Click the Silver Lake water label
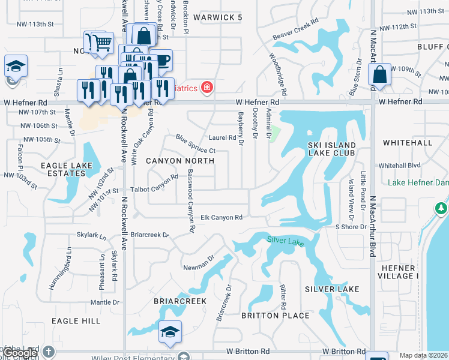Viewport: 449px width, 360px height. [x=286, y=241]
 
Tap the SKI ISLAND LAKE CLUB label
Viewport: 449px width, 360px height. [x=332, y=149]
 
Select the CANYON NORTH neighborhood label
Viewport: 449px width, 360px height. [x=180, y=161]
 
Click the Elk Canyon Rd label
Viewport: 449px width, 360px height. [x=221, y=217]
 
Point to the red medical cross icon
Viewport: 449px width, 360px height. [x=207, y=88]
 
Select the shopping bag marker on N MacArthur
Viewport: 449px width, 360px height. [x=379, y=75]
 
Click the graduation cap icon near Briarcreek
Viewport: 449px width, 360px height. [x=170, y=331]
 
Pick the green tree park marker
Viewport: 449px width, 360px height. [x=441, y=208]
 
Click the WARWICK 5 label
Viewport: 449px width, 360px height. [x=217, y=17]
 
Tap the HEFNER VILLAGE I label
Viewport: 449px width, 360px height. [x=397, y=272]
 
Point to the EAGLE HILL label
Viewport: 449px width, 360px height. [x=76, y=321]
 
